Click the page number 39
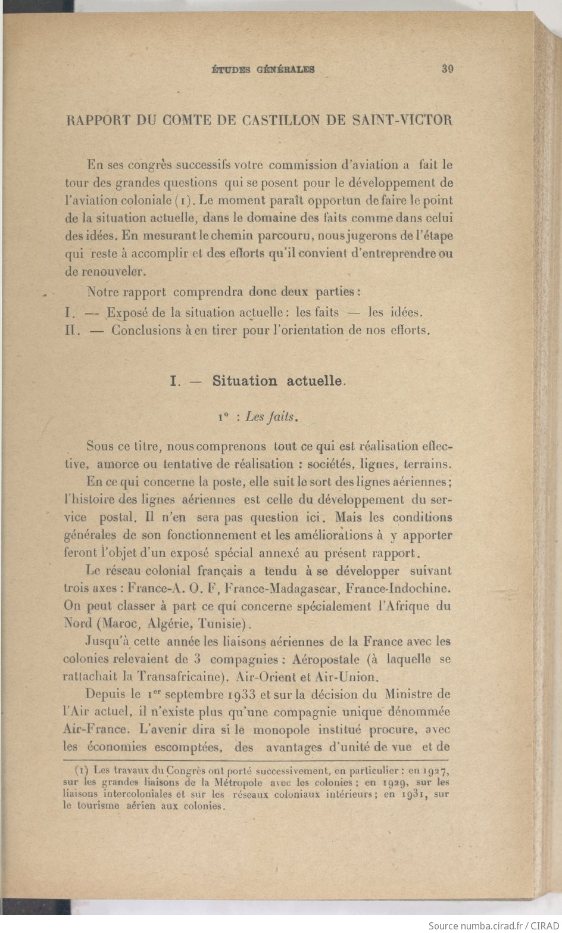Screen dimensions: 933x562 tap(448, 69)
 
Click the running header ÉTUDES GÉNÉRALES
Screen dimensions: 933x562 tap(263, 70)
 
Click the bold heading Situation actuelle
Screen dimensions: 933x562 tap(278, 381)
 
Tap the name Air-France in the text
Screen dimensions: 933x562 tap(96, 729)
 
